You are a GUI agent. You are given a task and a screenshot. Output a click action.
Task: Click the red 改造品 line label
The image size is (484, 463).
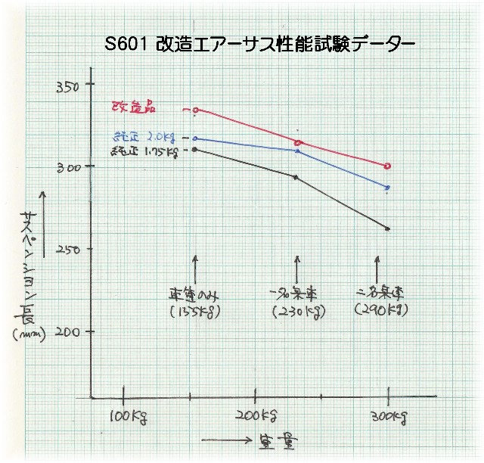pyautogui.click(x=133, y=108)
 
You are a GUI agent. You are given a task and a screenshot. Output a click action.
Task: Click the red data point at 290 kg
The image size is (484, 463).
pyautogui.click(x=388, y=166)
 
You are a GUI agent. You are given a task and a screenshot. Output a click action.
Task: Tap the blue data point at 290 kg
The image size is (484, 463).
pyautogui.click(x=388, y=187)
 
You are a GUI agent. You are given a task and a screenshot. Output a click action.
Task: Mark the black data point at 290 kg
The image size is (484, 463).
pyautogui.click(x=388, y=228)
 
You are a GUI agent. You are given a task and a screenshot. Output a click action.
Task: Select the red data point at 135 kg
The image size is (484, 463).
pyautogui.click(x=196, y=110)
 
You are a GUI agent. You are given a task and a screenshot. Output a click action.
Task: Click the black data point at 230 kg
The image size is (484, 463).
pyautogui.click(x=295, y=177)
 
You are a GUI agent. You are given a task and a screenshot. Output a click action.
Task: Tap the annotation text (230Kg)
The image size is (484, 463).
pyautogui.click(x=296, y=310)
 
